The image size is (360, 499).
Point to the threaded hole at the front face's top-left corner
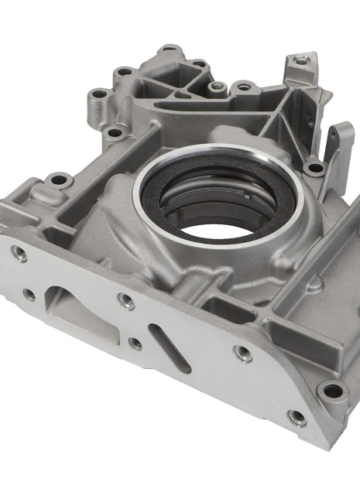click(x=18, y=251)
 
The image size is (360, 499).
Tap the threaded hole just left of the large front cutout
click(x=29, y=294)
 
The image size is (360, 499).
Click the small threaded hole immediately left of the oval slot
click(x=135, y=343)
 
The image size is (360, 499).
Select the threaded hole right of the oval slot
click(x=242, y=354)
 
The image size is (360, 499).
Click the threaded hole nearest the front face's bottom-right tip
click(x=296, y=418)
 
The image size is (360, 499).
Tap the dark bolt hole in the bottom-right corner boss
click(x=334, y=391)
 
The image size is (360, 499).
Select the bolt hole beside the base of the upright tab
click(x=314, y=167)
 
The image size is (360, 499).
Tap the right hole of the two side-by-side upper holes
click(x=244, y=87)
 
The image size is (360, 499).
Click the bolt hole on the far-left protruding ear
click(x=58, y=180)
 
